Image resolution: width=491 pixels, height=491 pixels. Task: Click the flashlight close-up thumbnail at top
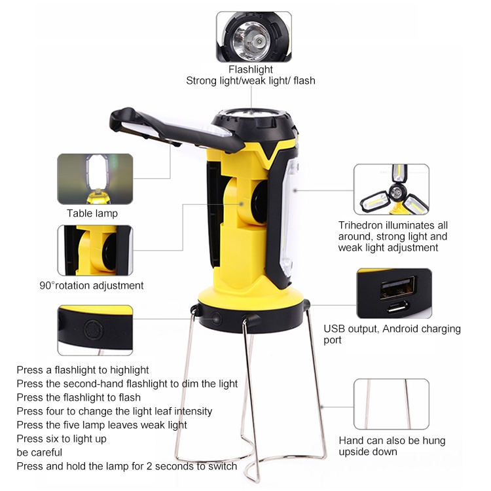click(253, 37)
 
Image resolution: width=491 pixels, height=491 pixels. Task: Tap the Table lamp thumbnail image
click(95, 179)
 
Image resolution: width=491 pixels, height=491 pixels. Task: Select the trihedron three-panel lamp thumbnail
click(391, 189)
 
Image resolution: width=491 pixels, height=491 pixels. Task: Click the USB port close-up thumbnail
click(394, 293)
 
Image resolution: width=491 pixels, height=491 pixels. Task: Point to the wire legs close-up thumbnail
click(391, 404)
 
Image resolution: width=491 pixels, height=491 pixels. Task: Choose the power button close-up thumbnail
click(95, 331)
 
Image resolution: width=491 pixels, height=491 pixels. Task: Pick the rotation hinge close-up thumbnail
click(95, 250)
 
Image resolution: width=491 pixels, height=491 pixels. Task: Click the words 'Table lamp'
click(92, 213)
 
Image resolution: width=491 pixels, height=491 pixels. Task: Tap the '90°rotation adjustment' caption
click(92, 285)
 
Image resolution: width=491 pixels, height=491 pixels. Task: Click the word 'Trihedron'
click(360, 225)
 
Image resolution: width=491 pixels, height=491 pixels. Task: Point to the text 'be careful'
click(39, 452)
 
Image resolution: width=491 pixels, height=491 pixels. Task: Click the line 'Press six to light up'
click(62, 439)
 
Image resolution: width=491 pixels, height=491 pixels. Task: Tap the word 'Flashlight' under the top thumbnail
click(251, 69)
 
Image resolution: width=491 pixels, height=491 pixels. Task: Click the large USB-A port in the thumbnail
click(397, 287)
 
